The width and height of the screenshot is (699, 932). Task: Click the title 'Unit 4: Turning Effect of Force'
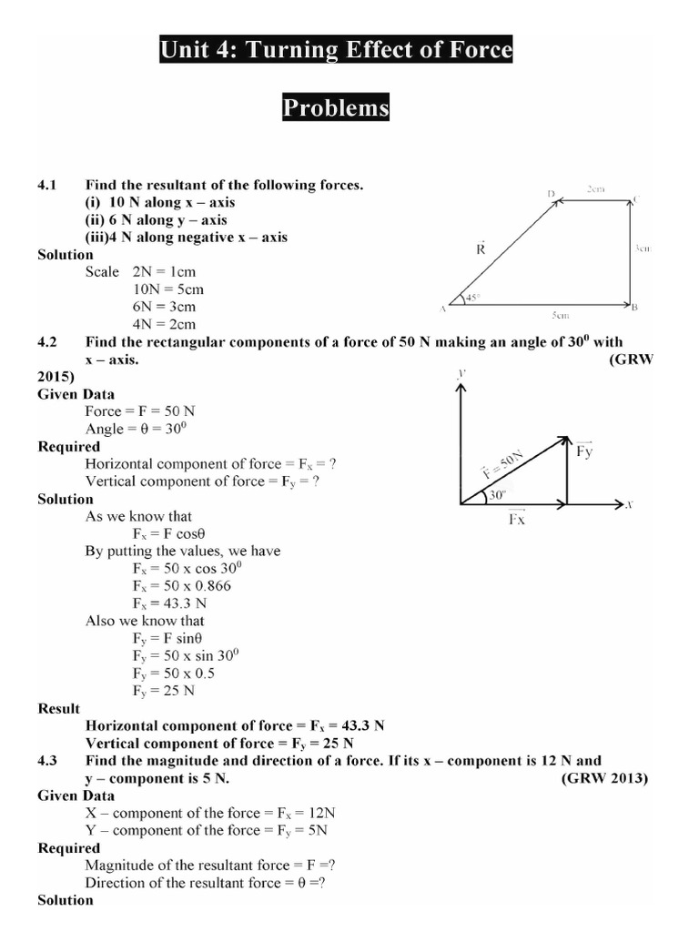click(x=336, y=51)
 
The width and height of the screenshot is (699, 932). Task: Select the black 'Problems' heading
click(x=336, y=108)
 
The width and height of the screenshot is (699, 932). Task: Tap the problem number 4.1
click(x=47, y=185)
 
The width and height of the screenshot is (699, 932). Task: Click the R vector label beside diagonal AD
click(x=481, y=248)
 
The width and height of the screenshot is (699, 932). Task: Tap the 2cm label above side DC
click(x=595, y=189)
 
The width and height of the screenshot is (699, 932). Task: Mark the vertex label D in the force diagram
click(x=552, y=194)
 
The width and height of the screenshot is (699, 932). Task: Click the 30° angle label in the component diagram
click(x=496, y=496)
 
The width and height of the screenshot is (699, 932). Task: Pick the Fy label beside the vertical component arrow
click(x=584, y=451)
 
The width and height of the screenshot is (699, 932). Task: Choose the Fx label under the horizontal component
click(x=515, y=519)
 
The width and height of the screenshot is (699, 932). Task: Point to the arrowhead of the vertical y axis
click(x=461, y=388)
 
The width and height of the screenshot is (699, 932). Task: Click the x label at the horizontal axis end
click(x=629, y=503)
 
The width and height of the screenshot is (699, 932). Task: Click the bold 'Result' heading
click(x=59, y=708)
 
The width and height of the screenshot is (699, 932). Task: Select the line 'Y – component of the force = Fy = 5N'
click(x=207, y=830)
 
